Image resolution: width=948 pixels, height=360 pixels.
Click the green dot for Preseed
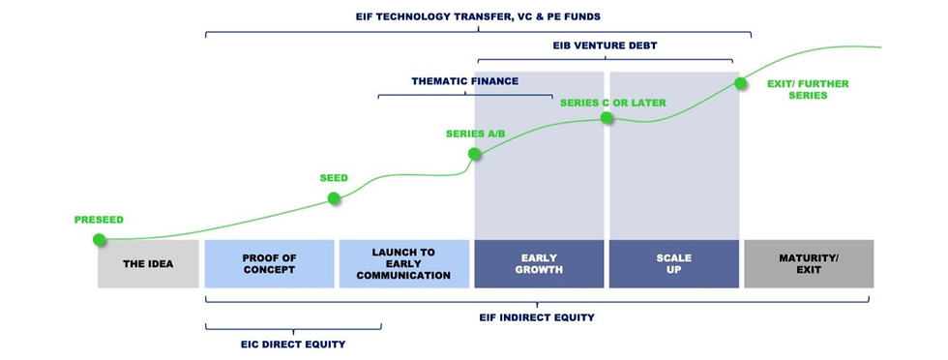pos(99,239)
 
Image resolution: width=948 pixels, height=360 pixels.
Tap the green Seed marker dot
pos(334,198)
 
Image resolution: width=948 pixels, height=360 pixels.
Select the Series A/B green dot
pos(474,153)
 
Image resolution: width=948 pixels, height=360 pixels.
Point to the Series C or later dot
pos(607,118)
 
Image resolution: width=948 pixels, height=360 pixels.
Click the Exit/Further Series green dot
pos(741,83)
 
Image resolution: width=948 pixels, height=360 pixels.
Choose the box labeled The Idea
pos(148,263)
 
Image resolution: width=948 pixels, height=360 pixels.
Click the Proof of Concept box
pos(269,263)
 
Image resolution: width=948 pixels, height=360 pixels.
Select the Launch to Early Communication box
pos(403,263)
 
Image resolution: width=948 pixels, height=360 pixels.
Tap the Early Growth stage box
pos(539,263)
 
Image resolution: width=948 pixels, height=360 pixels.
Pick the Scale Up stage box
pos(673,263)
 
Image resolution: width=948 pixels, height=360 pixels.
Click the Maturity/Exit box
pos(808,263)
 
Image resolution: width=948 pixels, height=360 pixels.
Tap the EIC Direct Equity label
pos(293,344)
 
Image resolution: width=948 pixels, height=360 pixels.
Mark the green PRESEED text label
pos(100,220)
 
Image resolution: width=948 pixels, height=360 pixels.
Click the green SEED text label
pos(334,178)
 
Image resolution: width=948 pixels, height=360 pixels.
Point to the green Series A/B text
pos(475,133)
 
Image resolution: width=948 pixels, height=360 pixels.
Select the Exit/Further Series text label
pos(807,89)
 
